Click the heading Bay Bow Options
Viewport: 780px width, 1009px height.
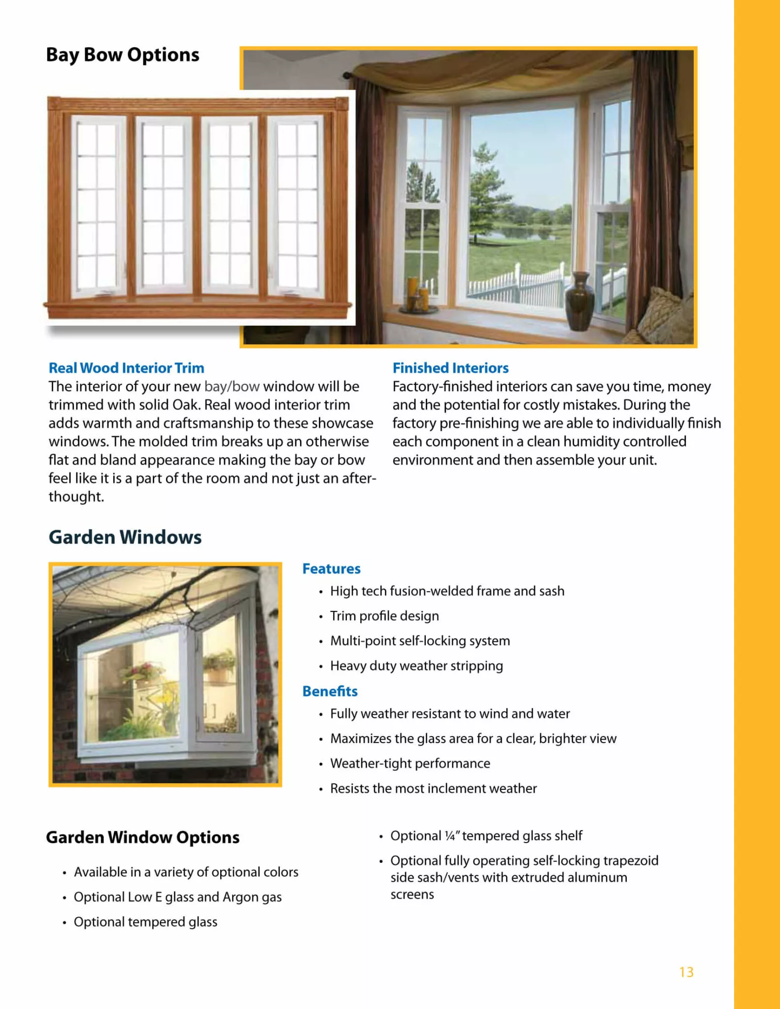pos(123,55)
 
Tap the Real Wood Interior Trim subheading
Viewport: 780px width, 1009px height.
pos(126,368)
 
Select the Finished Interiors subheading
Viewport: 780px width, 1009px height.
pos(450,368)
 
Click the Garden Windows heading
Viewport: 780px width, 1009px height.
pos(125,537)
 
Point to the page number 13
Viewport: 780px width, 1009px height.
pos(686,972)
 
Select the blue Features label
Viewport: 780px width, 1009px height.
pos(331,569)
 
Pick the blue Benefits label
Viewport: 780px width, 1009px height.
pos(330,691)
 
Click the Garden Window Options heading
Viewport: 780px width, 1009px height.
pos(143,838)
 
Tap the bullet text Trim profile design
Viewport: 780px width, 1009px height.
pos(384,616)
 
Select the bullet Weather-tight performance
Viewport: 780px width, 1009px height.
pos(410,763)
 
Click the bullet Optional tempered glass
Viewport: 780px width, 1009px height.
pos(145,922)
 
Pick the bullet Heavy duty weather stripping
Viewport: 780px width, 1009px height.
pos(416,666)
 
